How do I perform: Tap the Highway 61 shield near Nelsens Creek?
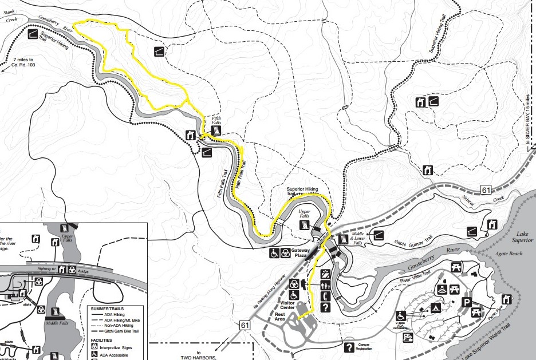coord(486,189)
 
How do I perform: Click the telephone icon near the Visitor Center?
coord(325,296)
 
